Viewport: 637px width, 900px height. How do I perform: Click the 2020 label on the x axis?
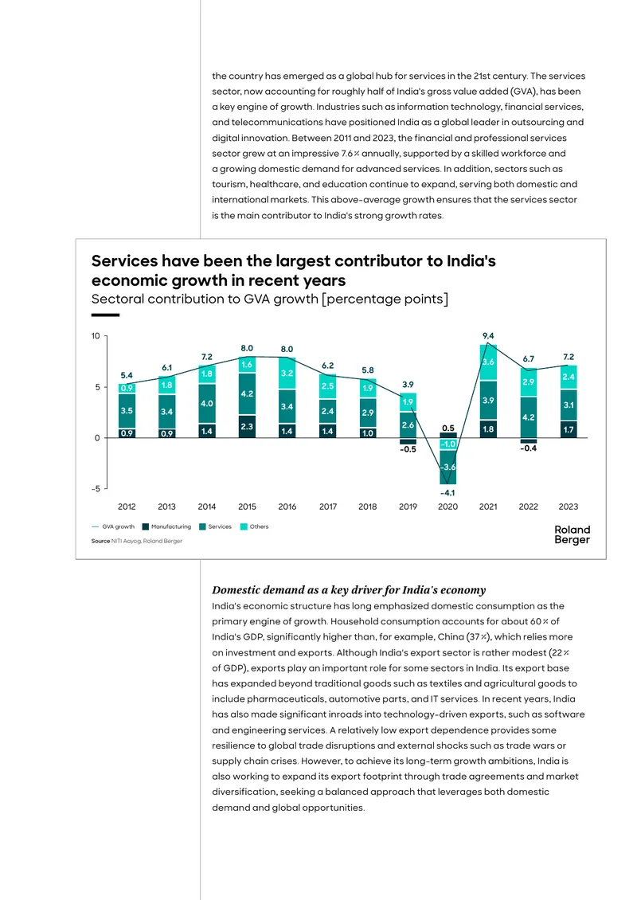point(447,507)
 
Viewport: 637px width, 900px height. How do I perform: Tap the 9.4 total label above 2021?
point(488,336)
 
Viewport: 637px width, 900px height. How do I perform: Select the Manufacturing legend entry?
point(166,526)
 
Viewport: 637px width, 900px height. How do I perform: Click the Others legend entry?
point(254,526)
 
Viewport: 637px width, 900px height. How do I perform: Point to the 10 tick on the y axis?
point(96,336)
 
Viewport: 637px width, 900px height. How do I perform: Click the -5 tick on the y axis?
point(96,488)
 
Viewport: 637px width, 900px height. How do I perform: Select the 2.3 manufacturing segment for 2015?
point(247,426)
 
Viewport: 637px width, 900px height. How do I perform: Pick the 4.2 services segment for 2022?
point(528,417)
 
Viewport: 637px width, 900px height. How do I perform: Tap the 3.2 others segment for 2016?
point(287,374)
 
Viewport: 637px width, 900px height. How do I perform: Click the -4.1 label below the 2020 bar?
point(447,493)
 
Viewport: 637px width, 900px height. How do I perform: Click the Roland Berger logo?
point(573,534)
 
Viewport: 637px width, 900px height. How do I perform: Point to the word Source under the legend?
point(100,541)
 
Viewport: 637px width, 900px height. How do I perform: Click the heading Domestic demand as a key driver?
point(349,590)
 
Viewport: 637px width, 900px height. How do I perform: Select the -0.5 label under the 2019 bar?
point(408,449)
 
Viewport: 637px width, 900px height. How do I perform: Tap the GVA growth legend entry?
point(113,526)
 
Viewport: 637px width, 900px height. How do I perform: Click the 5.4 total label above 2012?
point(127,375)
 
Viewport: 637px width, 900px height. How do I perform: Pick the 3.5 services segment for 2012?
point(127,411)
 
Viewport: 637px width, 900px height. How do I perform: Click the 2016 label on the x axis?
point(287,507)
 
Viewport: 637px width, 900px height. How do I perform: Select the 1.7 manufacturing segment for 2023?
point(569,429)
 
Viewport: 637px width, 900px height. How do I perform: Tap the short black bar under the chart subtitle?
point(105,315)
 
